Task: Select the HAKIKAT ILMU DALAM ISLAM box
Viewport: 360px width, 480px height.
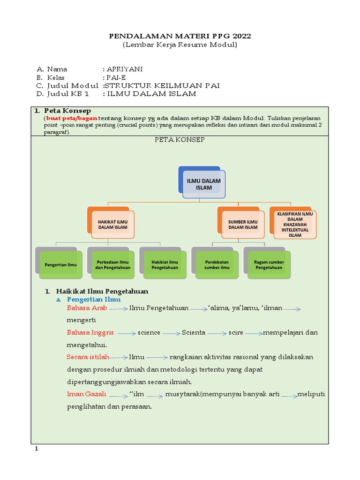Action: click(x=112, y=224)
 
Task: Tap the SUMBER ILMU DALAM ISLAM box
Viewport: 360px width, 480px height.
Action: click(x=243, y=224)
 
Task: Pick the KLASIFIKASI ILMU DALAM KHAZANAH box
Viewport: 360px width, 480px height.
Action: click(x=295, y=224)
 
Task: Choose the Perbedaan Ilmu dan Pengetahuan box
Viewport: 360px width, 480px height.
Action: click(x=112, y=264)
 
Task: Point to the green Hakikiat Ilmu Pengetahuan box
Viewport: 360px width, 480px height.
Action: click(x=164, y=264)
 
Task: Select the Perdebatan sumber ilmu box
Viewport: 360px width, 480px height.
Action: click(x=216, y=264)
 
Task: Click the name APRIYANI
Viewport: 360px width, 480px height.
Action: click(x=124, y=69)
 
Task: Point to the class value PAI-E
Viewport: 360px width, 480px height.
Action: click(x=116, y=77)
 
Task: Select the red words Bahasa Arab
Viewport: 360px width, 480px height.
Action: click(x=87, y=308)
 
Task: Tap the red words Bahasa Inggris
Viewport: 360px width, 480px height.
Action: click(x=90, y=332)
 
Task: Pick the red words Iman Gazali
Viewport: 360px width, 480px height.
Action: click(x=86, y=394)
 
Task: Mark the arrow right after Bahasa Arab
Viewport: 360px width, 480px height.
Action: click(x=119, y=309)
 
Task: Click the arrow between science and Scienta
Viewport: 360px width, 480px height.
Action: click(x=171, y=333)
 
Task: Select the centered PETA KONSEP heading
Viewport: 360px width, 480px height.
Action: click(x=180, y=140)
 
